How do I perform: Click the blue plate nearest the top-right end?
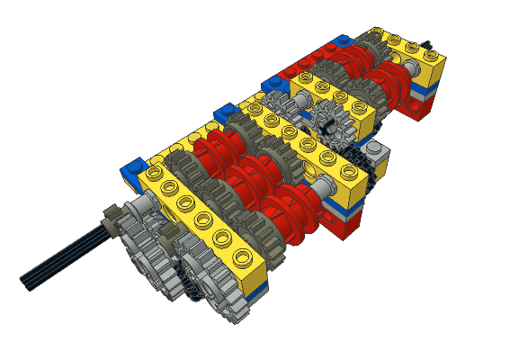tap(341, 41)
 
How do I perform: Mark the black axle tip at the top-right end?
tap(435, 42)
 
